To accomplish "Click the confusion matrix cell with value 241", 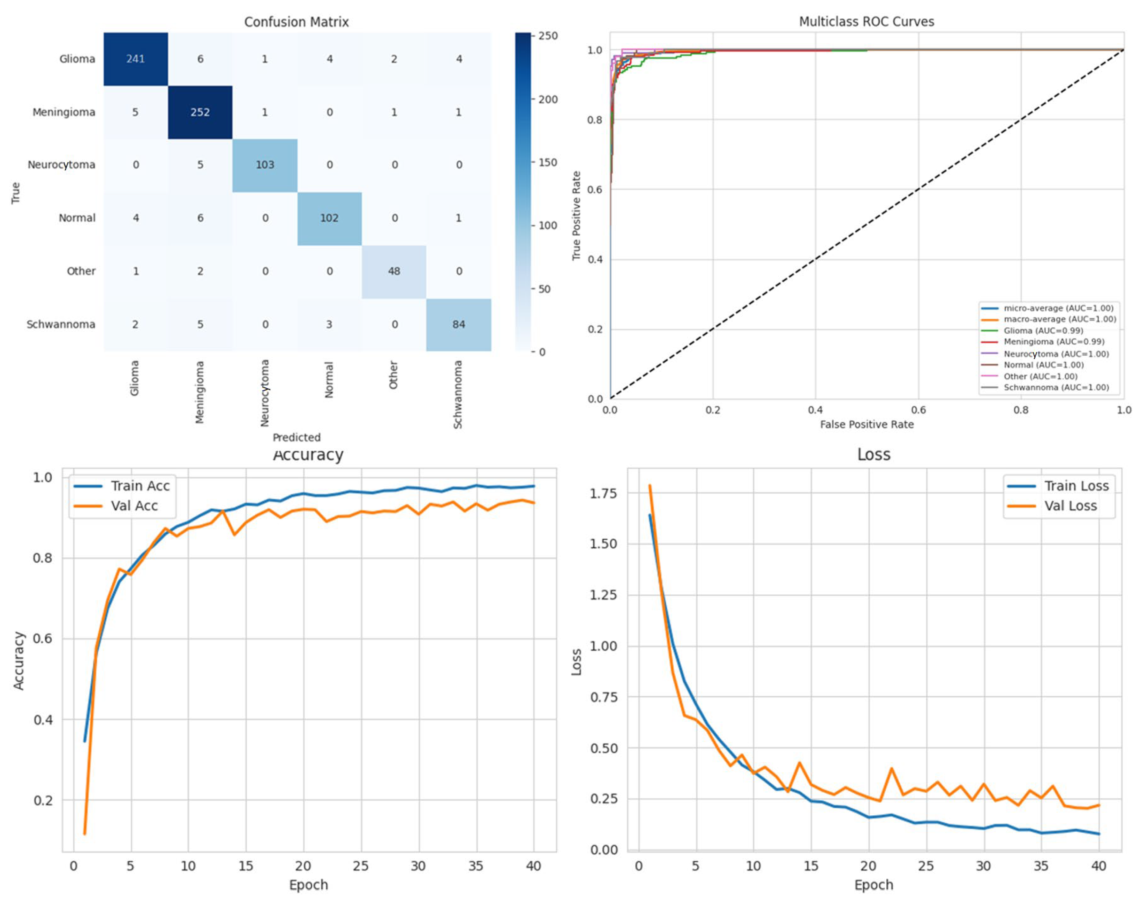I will [x=135, y=59].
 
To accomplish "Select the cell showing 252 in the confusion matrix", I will [x=200, y=112].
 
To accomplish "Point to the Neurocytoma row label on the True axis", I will [x=61, y=165].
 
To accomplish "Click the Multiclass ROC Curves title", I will [x=866, y=22].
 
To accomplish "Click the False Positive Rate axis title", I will [x=866, y=424].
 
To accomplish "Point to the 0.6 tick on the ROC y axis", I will [x=595, y=190].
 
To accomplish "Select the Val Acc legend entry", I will [x=134, y=506].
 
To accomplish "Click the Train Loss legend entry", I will [x=1076, y=486].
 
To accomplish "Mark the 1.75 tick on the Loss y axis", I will [x=603, y=493].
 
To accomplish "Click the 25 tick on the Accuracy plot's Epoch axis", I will [x=360, y=866].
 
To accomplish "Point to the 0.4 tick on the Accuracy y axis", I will [x=43, y=720].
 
